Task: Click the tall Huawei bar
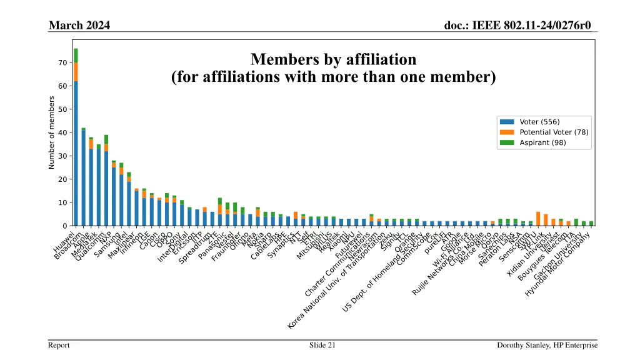(76, 150)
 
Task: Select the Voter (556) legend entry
(540, 121)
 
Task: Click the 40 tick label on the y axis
(63, 132)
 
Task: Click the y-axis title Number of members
(52, 132)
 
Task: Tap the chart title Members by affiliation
(333, 60)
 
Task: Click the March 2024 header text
(79, 25)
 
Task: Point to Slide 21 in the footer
(322, 345)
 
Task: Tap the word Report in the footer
(60, 345)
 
